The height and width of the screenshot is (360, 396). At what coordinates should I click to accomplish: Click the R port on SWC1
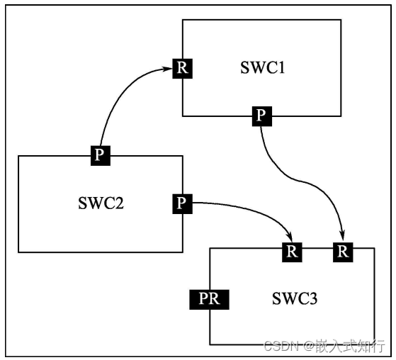click(183, 69)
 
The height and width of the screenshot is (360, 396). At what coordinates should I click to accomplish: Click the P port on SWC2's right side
click(182, 204)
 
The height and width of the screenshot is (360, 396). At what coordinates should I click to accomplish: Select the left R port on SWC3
click(292, 251)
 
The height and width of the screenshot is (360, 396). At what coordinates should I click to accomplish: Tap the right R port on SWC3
click(343, 251)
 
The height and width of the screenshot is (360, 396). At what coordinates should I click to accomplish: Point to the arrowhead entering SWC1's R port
click(170, 69)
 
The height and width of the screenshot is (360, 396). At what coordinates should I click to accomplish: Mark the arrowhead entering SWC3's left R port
click(290, 236)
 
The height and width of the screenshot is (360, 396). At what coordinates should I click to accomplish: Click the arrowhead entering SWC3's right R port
click(343, 236)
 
